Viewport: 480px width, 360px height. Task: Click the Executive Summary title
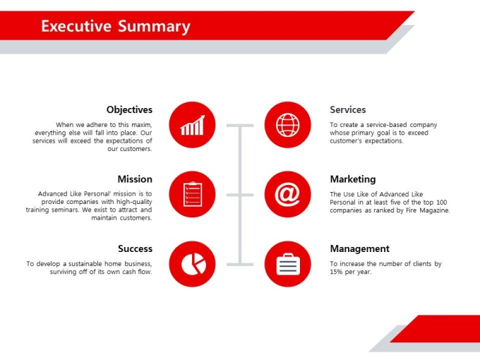[x=116, y=26]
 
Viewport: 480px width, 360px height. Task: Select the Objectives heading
[x=129, y=109]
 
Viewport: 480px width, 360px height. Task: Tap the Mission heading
[x=135, y=179]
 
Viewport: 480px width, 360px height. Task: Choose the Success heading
[x=135, y=248]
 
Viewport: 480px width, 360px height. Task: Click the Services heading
[x=348, y=109]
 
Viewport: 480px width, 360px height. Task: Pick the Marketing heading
[x=353, y=179]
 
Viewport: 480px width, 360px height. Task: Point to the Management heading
[x=360, y=249]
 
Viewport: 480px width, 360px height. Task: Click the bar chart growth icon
[x=192, y=125]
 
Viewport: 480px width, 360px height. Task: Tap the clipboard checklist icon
[x=193, y=194]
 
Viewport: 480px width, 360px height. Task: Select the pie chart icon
[x=193, y=264]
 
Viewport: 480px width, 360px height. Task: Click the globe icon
[x=288, y=125]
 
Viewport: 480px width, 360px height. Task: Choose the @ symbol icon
[x=287, y=194]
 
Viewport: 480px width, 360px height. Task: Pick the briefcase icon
[x=288, y=264]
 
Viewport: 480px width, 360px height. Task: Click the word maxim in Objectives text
[x=141, y=125]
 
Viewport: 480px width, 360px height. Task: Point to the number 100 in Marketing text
[x=441, y=203]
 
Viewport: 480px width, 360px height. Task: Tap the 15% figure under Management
[x=336, y=272]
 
